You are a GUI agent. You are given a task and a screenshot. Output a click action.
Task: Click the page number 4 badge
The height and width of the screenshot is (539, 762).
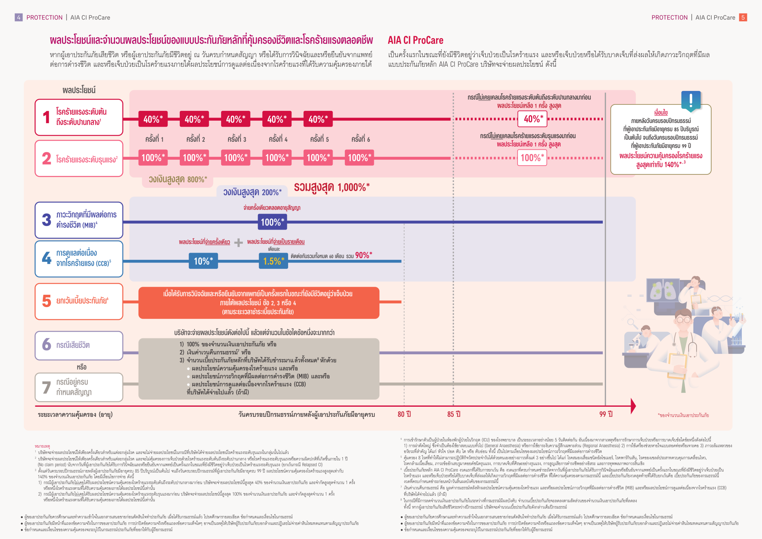click(19, 17)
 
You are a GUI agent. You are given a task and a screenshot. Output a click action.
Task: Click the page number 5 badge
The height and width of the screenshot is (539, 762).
click(743, 17)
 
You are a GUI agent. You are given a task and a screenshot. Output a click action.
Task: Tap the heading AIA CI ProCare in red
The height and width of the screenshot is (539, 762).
click(415, 41)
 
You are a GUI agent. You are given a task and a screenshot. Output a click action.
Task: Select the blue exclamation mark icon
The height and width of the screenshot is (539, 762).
click(691, 100)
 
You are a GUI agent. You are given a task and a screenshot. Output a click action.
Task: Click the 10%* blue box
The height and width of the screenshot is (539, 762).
click(203, 261)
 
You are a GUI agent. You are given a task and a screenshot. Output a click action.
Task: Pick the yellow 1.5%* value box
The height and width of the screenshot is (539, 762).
click(273, 261)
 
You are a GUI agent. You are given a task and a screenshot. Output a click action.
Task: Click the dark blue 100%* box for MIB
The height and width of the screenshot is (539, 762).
click(272, 222)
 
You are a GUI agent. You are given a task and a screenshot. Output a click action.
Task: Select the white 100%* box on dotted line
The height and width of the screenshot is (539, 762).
click(532, 158)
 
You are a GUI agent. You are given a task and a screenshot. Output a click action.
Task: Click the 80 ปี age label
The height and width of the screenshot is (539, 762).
click(404, 414)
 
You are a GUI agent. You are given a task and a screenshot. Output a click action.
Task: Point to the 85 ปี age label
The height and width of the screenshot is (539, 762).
click(454, 414)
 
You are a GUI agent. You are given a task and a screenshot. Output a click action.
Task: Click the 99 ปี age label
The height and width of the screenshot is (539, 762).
click(606, 414)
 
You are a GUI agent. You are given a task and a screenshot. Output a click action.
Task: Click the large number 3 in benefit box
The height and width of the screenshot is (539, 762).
click(46, 220)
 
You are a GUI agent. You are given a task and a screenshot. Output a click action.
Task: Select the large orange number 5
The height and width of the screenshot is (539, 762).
click(46, 301)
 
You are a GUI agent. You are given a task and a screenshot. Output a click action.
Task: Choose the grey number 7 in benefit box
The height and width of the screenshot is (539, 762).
click(46, 387)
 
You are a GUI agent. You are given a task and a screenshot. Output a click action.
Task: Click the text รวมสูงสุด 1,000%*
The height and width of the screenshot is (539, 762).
click(331, 187)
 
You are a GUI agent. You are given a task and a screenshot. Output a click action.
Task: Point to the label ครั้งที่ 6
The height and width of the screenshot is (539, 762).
click(360, 139)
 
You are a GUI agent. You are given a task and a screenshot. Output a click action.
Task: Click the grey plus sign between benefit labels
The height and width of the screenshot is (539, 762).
click(239, 242)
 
